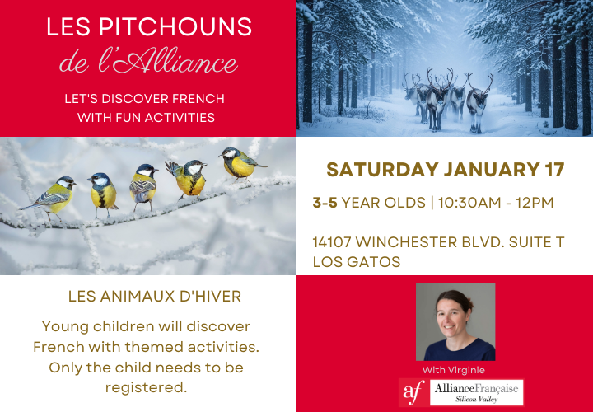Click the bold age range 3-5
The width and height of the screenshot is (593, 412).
(x=325, y=203)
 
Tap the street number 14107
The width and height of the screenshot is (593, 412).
(x=334, y=243)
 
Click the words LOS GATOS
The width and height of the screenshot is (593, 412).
(x=357, y=262)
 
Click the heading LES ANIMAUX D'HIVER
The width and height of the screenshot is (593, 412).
(x=155, y=295)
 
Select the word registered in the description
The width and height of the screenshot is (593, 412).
(x=147, y=386)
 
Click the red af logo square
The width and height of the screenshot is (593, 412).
(x=413, y=393)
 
